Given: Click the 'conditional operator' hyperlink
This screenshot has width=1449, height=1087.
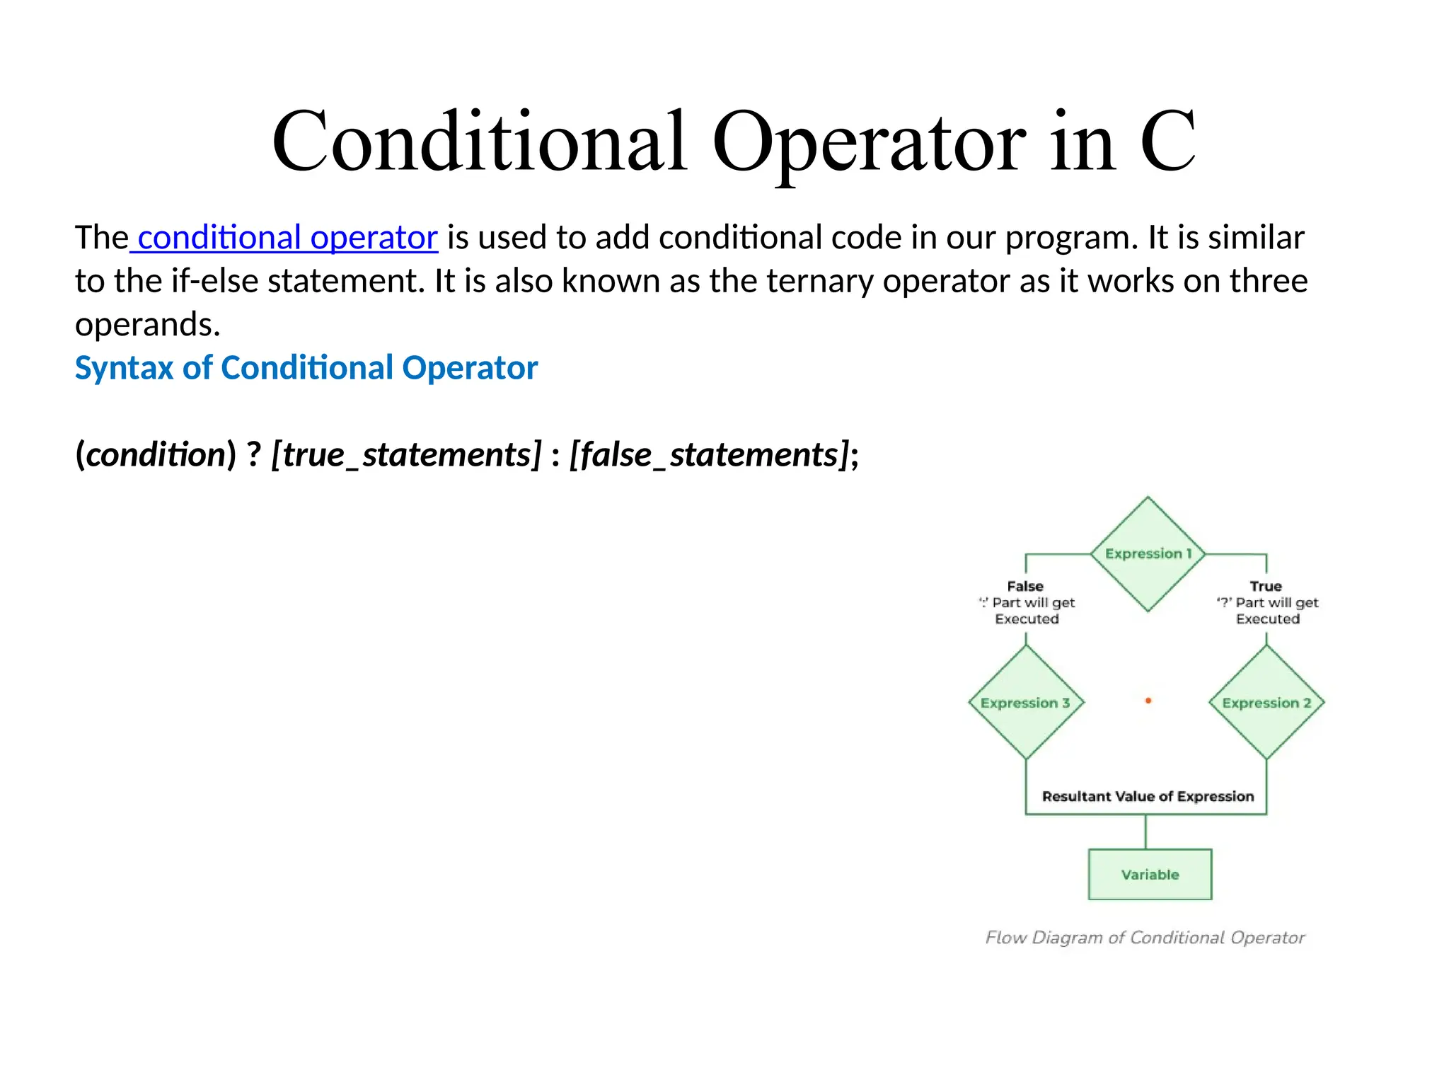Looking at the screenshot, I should coord(287,238).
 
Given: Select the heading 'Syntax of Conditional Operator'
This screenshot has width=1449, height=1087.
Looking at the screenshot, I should coord(306,368).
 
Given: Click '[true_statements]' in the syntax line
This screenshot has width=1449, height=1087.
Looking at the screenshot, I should coord(406,454).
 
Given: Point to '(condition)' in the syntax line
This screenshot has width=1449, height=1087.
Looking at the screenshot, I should coord(156,454).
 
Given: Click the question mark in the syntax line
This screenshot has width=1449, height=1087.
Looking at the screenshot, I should coord(253,454).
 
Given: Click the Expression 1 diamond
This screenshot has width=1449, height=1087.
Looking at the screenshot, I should coord(1148,553).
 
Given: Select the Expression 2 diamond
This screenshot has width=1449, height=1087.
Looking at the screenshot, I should coord(1266,703).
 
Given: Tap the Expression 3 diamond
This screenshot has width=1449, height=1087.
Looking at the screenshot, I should coord(1025,703).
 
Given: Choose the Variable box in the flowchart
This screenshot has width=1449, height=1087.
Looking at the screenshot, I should coord(1150,875).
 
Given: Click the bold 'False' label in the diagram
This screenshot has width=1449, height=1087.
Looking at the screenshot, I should coord(1025,586).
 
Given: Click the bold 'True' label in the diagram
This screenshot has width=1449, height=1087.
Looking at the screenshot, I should coord(1266,586).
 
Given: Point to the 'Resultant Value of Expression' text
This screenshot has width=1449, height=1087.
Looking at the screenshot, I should coord(1148,797).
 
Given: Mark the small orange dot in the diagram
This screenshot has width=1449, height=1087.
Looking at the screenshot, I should coord(1148,701).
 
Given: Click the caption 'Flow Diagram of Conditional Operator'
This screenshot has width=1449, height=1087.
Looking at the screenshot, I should coord(1145,938).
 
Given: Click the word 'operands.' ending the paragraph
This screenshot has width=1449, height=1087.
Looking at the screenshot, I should coord(148,325).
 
